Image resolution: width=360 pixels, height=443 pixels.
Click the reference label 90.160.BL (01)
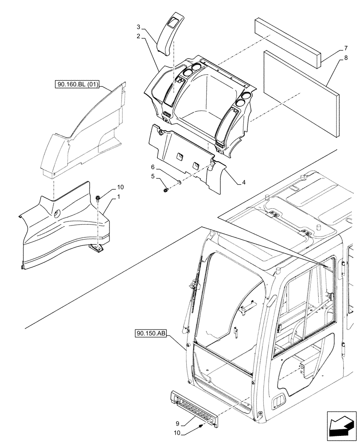(78, 84)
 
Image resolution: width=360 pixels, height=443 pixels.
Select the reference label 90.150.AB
(149, 333)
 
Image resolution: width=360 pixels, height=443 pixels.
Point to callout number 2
(139, 36)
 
